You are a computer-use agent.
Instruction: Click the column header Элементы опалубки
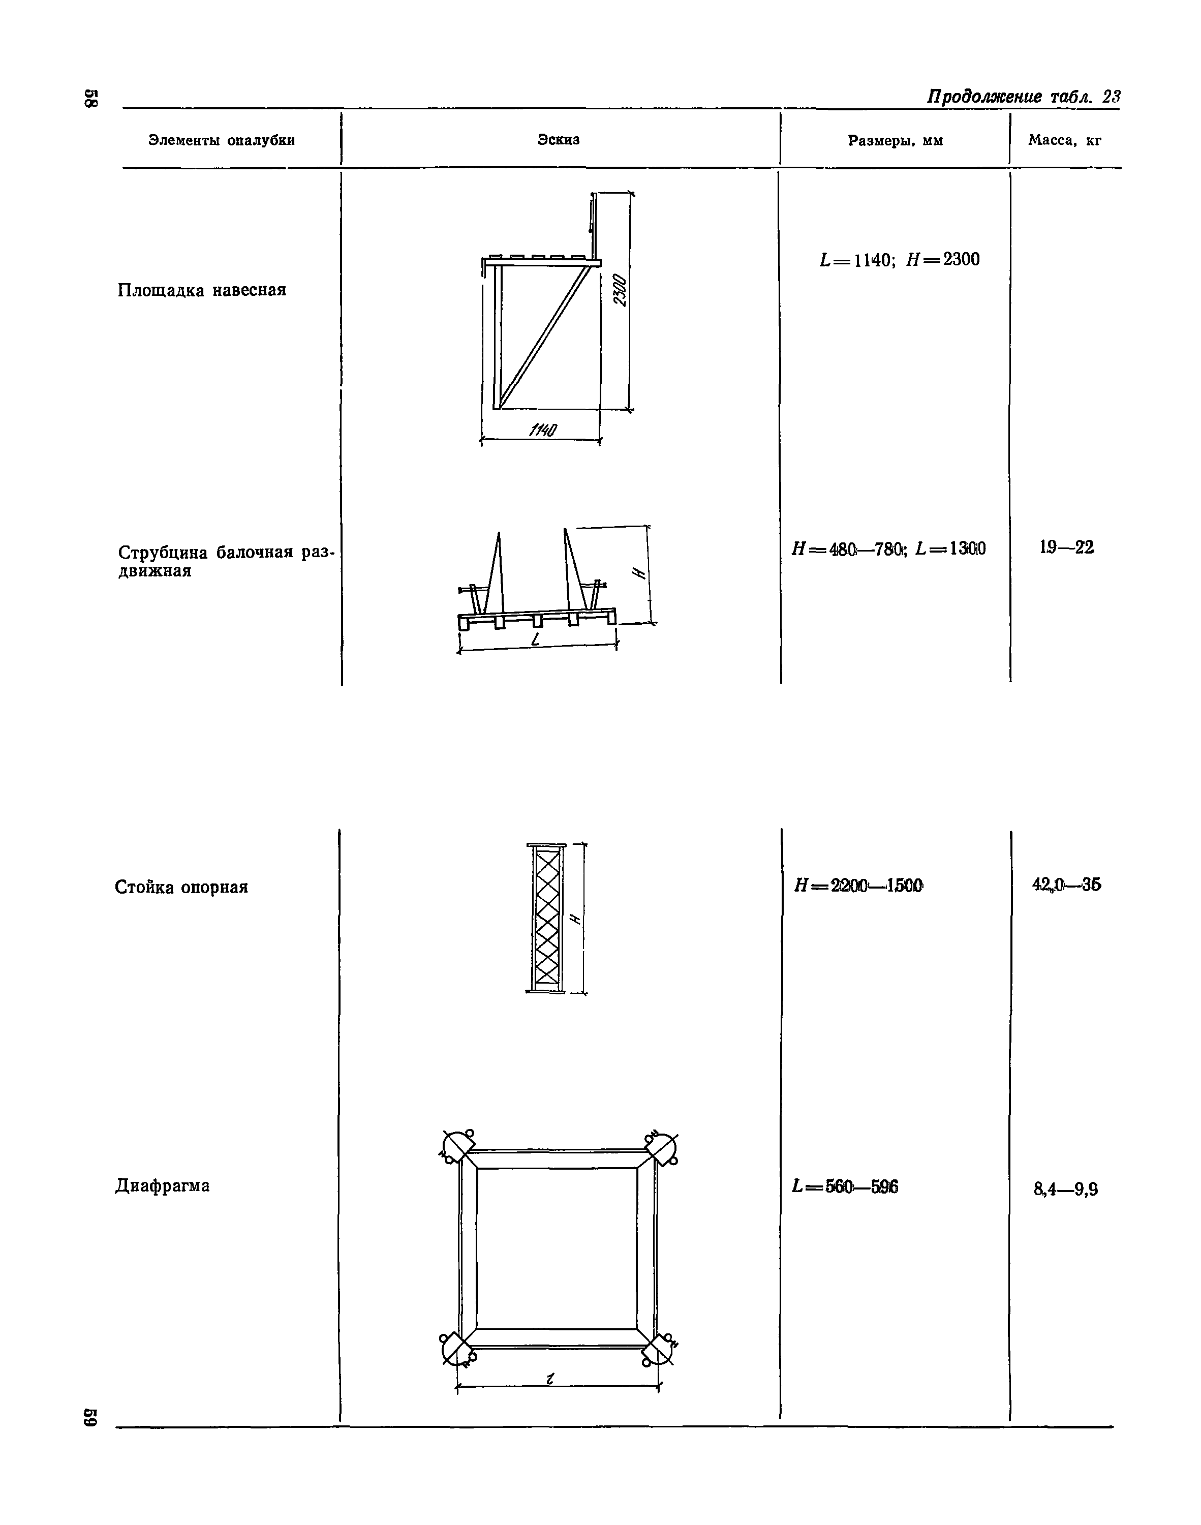[222, 141]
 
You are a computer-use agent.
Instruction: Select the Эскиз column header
[559, 140]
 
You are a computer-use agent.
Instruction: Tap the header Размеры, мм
[895, 141]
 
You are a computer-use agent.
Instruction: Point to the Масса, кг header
[1065, 141]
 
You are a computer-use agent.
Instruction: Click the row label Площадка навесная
[202, 290]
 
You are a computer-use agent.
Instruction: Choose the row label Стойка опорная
[181, 888]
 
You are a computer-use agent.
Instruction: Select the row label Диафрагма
[163, 1186]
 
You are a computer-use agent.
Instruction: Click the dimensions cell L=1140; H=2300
[899, 260]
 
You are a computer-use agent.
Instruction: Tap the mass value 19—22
[1067, 547]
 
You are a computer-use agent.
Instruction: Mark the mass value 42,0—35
[1066, 885]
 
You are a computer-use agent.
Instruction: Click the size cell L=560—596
[845, 1187]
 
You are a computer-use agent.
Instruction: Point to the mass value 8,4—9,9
[1066, 1189]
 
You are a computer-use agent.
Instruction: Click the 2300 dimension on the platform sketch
[619, 290]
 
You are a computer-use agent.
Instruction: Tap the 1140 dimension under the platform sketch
[543, 430]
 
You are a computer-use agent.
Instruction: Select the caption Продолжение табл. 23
[1023, 97]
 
